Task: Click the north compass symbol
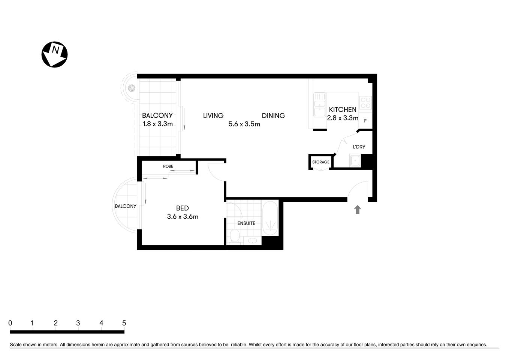(x=54, y=55)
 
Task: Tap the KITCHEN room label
(x=343, y=109)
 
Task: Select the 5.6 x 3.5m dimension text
(x=244, y=124)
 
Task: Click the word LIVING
(x=213, y=115)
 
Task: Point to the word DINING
(x=273, y=115)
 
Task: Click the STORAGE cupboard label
(x=321, y=162)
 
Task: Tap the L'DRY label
(x=359, y=147)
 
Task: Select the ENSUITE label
(x=246, y=223)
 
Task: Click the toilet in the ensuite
(x=235, y=236)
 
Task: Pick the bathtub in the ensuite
(x=270, y=219)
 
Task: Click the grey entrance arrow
(x=357, y=210)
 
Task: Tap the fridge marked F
(x=365, y=121)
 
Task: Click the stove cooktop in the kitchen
(x=365, y=103)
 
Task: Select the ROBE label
(x=168, y=166)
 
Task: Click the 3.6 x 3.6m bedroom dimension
(x=183, y=216)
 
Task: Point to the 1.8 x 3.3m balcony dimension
(x=157, y=124)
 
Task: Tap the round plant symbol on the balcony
(x=131, y=88)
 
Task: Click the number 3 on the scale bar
(x=78, y=323)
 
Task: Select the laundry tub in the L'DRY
(x=354, y=161)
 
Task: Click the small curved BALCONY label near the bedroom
(x=126, y=206)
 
